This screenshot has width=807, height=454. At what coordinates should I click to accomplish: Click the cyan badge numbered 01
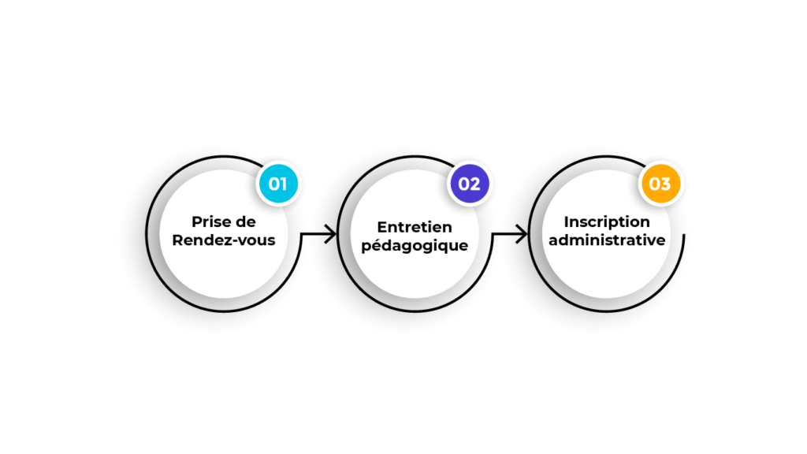point(278,184)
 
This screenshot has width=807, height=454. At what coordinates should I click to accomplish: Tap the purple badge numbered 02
point(470,184)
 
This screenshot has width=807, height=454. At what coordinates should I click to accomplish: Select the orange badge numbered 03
point(660,184)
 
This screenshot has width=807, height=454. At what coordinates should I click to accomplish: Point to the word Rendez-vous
point(224,240)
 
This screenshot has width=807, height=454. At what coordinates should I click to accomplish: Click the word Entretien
point(415,227)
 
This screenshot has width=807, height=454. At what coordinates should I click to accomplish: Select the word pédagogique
point(415,246)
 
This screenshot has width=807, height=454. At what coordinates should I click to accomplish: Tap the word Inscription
point(607,221)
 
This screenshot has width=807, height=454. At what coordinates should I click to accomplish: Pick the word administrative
point(607,240)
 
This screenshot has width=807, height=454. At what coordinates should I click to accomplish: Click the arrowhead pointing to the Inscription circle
point(522,234)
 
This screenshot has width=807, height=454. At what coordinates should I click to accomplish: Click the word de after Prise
point(245,221)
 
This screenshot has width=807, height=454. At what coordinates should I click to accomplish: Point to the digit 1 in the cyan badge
point(284,184)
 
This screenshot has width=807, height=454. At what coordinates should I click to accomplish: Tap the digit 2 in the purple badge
point(476,184)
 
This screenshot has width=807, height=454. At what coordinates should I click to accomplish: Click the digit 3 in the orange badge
point(666,184)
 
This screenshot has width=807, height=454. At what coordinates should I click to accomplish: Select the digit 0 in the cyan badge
point(274,184)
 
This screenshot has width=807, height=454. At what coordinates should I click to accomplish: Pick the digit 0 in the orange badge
point(655,184)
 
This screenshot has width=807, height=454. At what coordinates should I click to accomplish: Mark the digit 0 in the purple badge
point(463,184)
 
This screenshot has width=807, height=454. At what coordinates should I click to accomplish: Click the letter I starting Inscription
point(566,221)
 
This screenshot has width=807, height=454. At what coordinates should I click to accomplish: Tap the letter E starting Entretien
point(382,227)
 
